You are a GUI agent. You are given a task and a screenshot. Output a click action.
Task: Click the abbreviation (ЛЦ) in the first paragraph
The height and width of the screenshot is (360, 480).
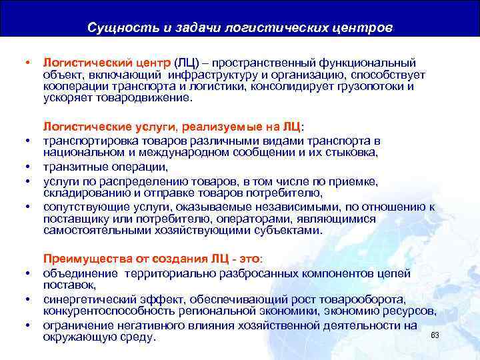click(x=188, y=63)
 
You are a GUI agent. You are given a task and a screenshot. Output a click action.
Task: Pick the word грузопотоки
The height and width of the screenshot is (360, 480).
click(x=373, y=86)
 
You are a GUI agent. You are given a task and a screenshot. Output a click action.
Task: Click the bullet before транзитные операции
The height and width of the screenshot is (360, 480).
click(x=28, y=167)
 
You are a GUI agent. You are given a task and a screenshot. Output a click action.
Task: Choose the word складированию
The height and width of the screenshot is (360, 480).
click(x=83, y=193)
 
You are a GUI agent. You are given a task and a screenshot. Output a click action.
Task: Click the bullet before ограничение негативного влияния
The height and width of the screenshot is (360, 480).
click(x=28, y=325)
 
